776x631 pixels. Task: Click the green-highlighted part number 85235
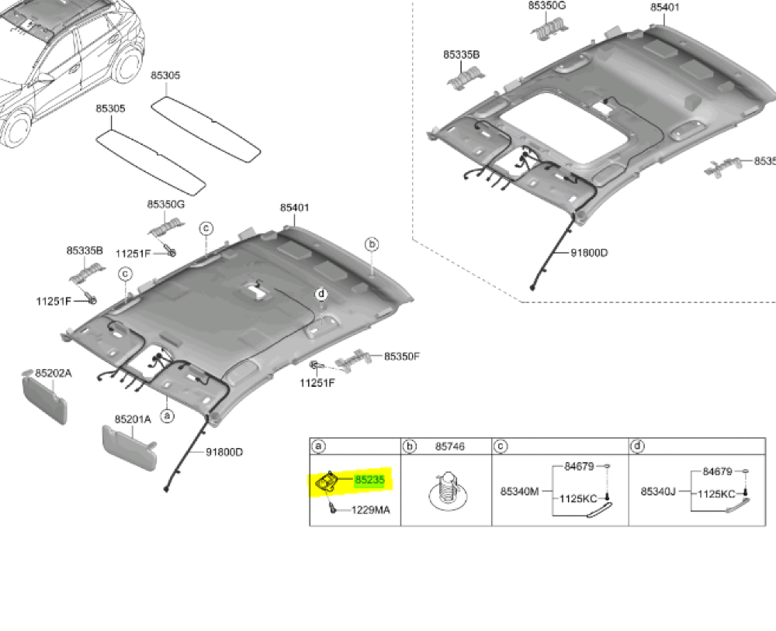click(369, 480)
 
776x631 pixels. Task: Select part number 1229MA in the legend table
click(371, 510)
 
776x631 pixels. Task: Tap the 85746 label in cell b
click(450, 446)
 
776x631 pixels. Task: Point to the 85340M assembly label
click(519, 491)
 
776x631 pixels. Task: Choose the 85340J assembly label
click(658, 491)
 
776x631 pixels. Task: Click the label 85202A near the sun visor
click(54, 373)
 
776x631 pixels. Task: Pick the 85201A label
click(133, 419)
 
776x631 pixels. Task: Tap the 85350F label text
click(402, 356)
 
